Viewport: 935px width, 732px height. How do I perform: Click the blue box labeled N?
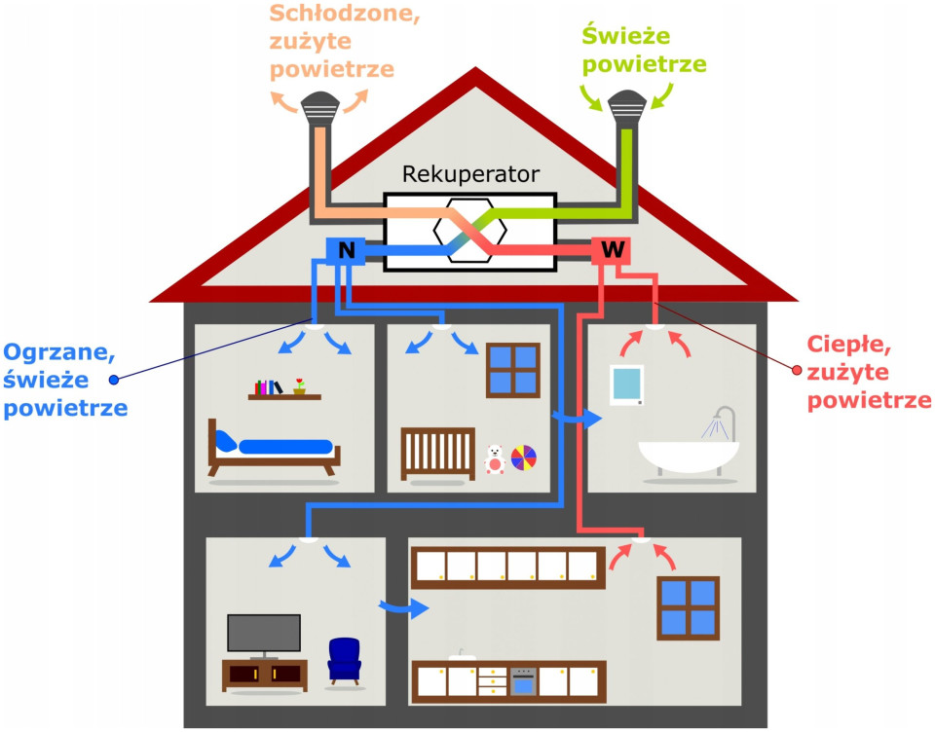tap(345, 250)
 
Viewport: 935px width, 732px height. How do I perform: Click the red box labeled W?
tap(612, 250)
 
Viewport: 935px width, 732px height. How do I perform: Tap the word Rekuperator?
tap(470, 175)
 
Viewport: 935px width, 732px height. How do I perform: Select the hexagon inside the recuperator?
tap(470, 231)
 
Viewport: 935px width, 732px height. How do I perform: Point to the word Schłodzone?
tap(345, 14)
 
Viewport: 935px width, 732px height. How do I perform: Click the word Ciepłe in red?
tap(850, 345)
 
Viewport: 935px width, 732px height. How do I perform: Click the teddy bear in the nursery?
tap(495, 458)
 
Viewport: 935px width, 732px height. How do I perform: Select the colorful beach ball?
tap(524, 457)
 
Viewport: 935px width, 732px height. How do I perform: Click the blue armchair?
tap(344, 659)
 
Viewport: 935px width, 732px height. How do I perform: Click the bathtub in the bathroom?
tap(688, 456)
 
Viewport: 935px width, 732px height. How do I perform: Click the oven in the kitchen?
tap(524, 680)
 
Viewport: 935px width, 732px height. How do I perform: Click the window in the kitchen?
tap(688, 607)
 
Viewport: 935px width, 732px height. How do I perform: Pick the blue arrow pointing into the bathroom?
tap(579, 418)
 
